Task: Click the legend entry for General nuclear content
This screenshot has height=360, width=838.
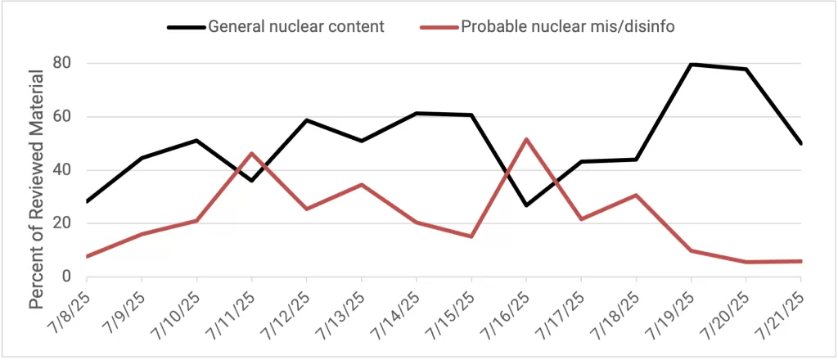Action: click(x=295, y=26)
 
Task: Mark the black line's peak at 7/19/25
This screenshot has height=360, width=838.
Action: click(x=691, y=64)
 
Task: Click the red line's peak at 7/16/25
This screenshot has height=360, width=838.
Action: click(x=526, y=139)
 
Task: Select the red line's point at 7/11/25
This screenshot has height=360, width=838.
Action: click(x=251, y=153)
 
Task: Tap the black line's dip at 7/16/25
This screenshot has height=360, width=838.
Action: click(x=526, y=205)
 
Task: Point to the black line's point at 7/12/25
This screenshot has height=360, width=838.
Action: click(x=306, y=120)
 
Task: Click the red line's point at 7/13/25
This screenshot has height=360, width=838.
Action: click(x=362, y=184)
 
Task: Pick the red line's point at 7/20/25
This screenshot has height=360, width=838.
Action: click(x=746, y=262)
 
